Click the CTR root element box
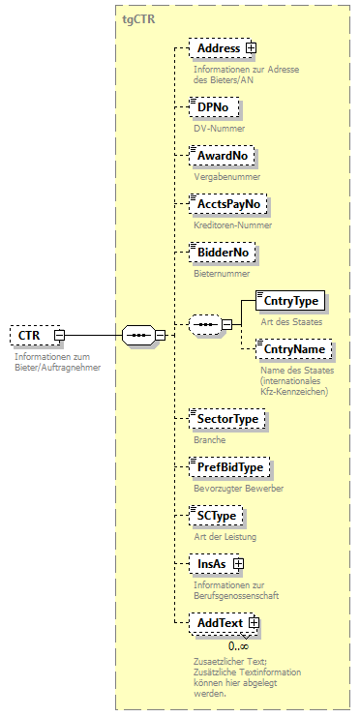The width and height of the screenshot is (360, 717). [x=30, y=336]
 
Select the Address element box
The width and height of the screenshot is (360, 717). [x=217, y=47]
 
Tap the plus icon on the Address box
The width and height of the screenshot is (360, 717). [x=251, y=47]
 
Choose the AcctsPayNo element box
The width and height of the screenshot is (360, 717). [x=228, y=205]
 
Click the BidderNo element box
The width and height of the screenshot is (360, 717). [x=223, y=253]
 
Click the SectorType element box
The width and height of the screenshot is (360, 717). [x=227, y=419]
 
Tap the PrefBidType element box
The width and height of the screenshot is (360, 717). [x=230, y=467]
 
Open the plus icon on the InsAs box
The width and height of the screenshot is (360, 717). [x=238, y=562]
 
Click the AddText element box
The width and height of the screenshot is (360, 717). [x=219, y=623]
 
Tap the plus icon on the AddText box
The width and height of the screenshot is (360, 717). [x=254, y=623]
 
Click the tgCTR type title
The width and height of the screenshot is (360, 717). [x=139, y=17]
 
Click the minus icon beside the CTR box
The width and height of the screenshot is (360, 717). [x=59, y=336]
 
